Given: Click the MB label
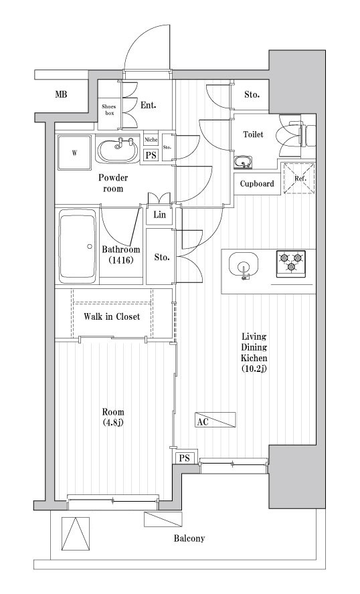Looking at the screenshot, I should (61, 95).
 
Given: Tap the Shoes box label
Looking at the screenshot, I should (108, 110).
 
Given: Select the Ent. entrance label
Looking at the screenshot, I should (148, 104).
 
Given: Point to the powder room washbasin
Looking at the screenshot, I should (119, 149).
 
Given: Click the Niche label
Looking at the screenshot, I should (152, 140).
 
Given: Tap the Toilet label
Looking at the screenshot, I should (253, 134).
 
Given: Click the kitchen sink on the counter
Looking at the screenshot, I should (244, 266).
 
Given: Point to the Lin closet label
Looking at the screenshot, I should (159, 215).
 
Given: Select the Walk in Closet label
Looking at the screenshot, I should (112, 316).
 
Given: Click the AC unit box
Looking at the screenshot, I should (215, 420).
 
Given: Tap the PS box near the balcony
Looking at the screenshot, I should (184, 458).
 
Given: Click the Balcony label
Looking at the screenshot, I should (189, 538).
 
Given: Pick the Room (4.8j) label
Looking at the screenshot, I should (113, 417).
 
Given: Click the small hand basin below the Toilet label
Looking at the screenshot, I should (243, 162).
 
